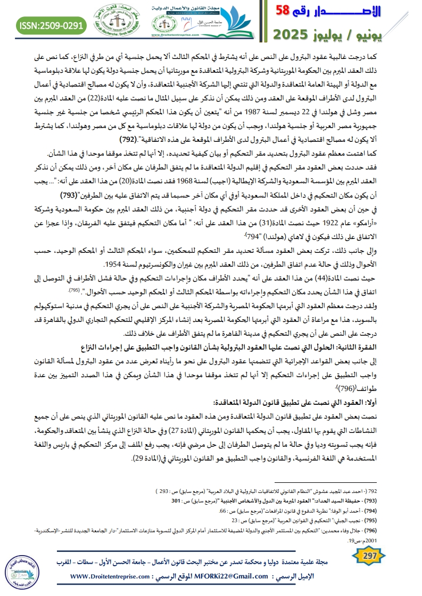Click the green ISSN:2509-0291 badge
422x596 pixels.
[52, 23]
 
